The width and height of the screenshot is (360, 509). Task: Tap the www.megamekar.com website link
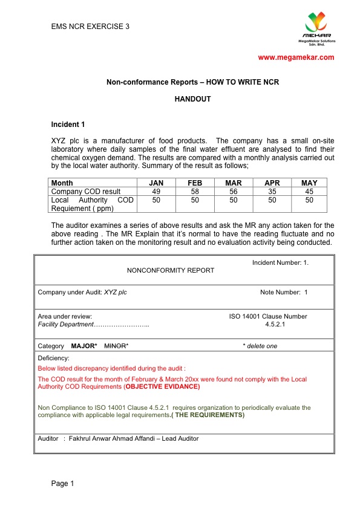(296, 57)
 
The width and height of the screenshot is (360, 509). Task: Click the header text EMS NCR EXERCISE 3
(90, 27)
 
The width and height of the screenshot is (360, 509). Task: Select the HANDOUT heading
(192, 99)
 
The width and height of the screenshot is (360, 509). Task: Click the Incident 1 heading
(68, 125)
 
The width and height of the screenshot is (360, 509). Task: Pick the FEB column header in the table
(195, 183)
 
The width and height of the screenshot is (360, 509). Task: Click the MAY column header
(309, 183)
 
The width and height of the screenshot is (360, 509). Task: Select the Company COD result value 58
(195, 192)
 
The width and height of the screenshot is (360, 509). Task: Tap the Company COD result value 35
(271, 192)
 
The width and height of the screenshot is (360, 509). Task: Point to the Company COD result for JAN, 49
(156, 192)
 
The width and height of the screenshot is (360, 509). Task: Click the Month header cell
(62, 183)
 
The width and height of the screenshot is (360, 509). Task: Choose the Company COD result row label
(86, 192)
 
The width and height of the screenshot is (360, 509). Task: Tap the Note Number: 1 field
(284, 293)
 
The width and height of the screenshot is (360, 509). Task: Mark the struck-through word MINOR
(115, 346)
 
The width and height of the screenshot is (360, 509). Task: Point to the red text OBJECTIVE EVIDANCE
(162, 386)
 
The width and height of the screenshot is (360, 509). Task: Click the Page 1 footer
(62, 483)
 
